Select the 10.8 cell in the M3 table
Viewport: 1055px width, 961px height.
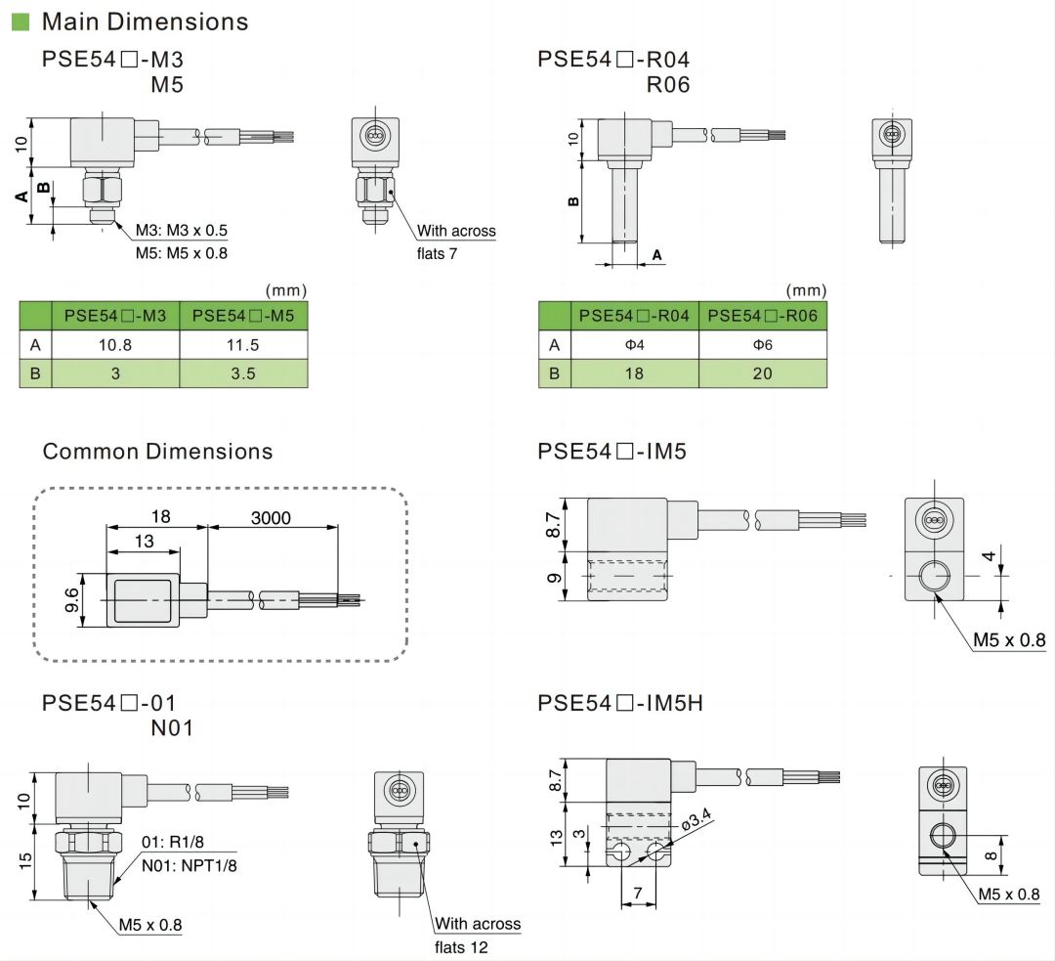(x=115, y=344)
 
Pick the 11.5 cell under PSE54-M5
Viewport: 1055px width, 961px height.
(x=243, y=344)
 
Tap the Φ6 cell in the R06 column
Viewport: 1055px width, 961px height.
(x=762, y=344)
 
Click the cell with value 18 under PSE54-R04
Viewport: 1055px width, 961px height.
(x=634, y=373)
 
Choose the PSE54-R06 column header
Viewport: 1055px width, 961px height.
(x=762, y=316)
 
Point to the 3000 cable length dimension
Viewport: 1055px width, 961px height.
(x=271, y=518)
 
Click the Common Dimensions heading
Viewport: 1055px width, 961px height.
(x=157, y=452)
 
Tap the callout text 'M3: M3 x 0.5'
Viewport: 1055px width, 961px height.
(x=181, y=231)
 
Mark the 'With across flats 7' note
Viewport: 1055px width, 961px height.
(x=455, y=242)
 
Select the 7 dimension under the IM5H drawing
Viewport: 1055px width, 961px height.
(x=638, y=894)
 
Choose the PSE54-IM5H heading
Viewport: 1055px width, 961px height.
(x=619, y=704)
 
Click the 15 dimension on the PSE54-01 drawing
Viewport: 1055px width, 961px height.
(x=26, y=858)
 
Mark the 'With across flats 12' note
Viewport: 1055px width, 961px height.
(x=477, y=935)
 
